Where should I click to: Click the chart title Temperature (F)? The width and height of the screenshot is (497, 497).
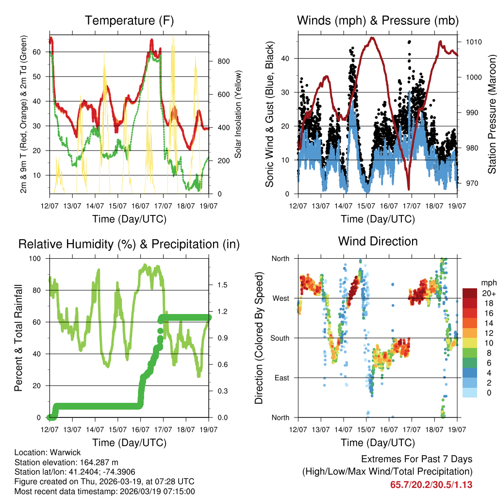[x=129, y=20]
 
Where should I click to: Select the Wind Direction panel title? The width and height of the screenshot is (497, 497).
[x=378, y=241]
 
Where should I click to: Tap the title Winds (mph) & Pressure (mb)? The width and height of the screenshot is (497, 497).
[x=378, y=20]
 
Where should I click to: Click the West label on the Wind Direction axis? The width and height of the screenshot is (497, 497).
[x=280, y=298]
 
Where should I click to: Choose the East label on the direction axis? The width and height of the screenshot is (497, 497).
[x=281, y=378]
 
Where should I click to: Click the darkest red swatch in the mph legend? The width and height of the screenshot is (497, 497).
[x=470, y=293]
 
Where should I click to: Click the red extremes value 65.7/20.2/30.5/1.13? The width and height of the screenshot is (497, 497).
[x=431, y=485]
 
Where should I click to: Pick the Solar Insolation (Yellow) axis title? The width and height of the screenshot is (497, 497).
[x=238, y=114]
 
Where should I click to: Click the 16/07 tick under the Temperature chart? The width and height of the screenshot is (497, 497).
[x=140, y=205]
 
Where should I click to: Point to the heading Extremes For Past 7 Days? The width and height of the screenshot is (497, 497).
[x=416, y=459]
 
